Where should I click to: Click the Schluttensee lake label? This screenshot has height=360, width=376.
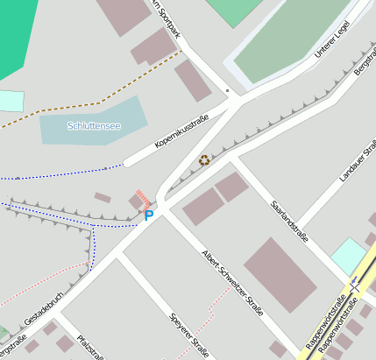(94, 126)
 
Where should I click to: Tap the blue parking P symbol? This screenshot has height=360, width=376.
(148, 213)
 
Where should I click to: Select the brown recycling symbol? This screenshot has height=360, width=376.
(205, 160)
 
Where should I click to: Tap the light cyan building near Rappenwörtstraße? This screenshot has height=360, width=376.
(348, 255)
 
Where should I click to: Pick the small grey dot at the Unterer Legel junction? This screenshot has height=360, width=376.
(227, 90)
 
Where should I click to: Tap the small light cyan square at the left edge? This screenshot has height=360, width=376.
(10, 101)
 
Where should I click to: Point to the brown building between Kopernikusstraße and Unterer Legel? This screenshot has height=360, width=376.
(192, 81)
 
